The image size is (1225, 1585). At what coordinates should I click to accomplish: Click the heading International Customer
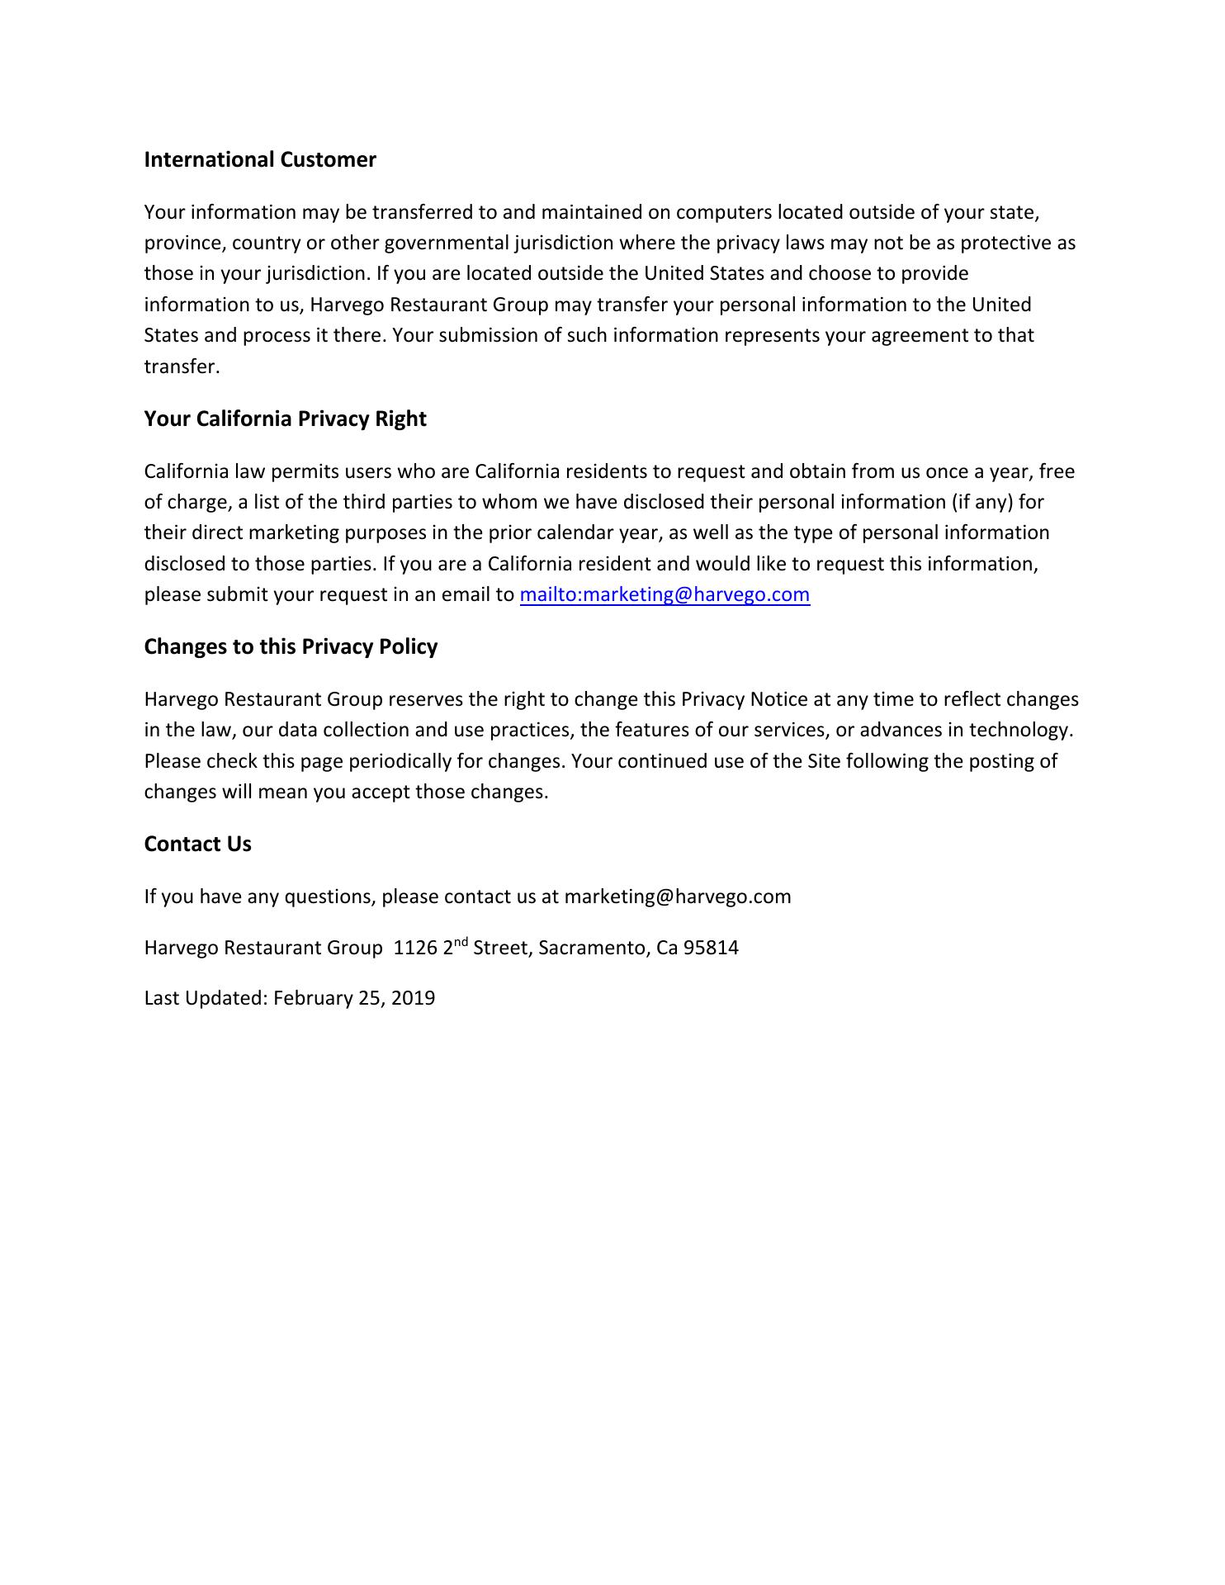click(x=260, y=159)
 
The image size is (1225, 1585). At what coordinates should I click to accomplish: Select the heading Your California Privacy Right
click(x=285, y=419)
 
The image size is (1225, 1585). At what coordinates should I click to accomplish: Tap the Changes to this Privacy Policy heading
click(x=291, y=646)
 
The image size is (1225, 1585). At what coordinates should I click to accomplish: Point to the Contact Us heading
click(x=197, y=844)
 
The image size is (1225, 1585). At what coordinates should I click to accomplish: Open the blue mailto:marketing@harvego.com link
click(x=665, y=594)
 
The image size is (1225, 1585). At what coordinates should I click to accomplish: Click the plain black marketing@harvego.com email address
click(x=677, y=897)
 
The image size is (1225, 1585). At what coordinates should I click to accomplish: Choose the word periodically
click(x=400, y=760)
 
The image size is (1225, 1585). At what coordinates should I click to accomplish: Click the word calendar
click(x=570, y=532)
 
